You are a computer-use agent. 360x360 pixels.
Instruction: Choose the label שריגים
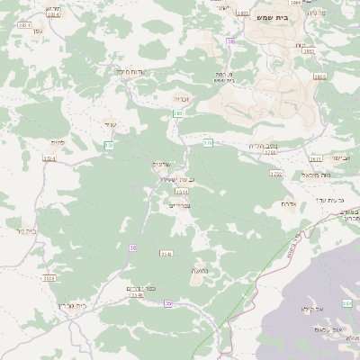coord(159,163)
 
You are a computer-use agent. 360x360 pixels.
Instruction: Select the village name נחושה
coord(200,269)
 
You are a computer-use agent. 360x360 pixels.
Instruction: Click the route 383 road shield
coord(177,113)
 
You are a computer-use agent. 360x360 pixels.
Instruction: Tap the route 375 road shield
coord(208,142)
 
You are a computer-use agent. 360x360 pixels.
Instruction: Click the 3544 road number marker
coord(181,192)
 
